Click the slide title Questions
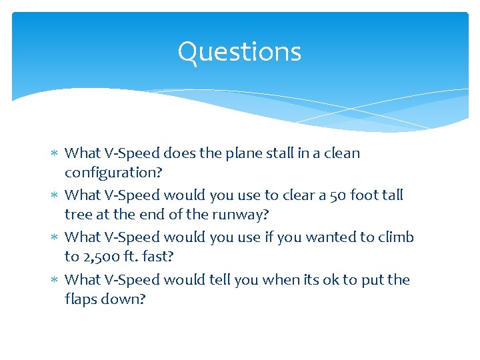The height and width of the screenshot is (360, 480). pyautogui.click(x=239, y=52)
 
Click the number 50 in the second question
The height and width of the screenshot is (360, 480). pyautogui.click(x=340, y=195)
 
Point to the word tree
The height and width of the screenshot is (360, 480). pyautogui.click(x=78, y=215)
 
